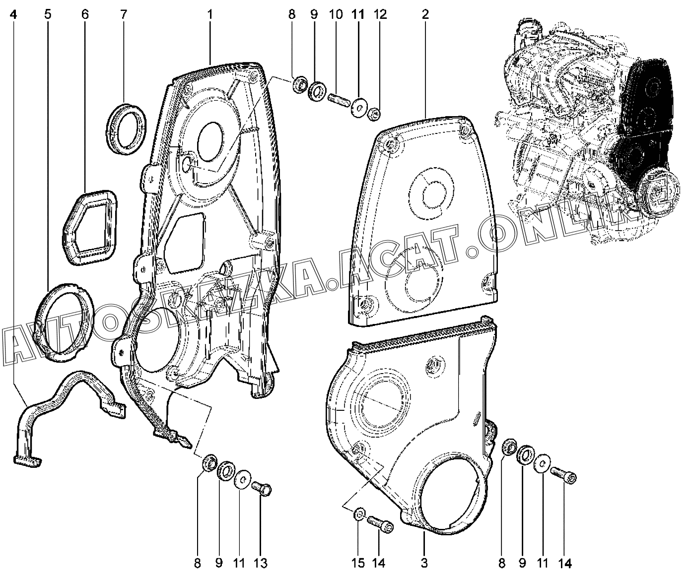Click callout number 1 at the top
210,14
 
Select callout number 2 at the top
425,14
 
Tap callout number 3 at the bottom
424,563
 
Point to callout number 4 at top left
14,14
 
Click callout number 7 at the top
123,14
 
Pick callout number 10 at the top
336,14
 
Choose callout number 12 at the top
380,14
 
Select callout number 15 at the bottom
358,563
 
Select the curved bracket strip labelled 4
69,397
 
